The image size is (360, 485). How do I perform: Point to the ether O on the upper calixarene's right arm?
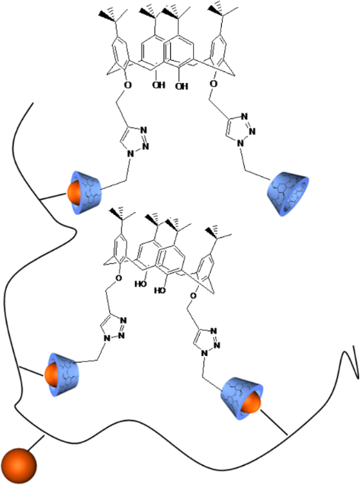[212, 83]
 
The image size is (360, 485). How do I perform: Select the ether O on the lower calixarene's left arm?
[120, 280]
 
